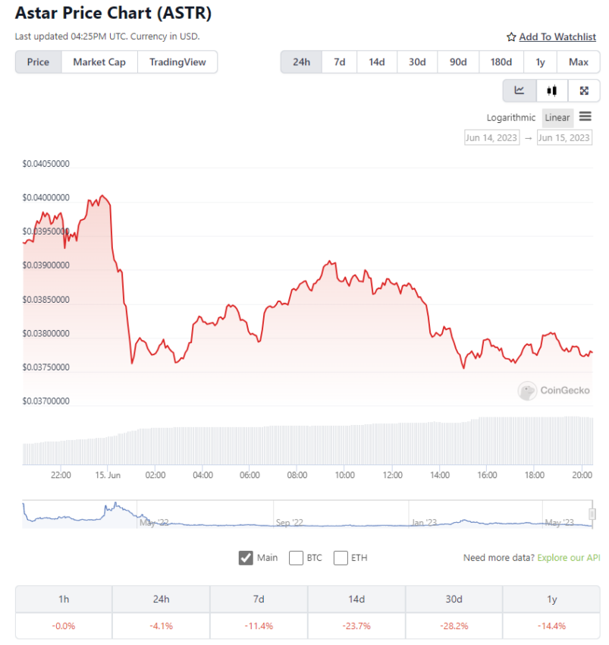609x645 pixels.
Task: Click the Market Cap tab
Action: click(99, 62)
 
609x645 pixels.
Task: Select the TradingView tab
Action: click(177, 62)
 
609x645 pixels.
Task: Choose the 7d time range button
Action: click(340, 62)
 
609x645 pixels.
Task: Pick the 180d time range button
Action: click(501, 62)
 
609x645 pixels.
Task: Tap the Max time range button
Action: click(579, 62)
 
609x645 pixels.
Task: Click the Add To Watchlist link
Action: click(551, 36)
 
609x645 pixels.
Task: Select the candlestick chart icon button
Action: click(551, 91)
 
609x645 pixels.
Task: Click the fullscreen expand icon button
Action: click(584, 91)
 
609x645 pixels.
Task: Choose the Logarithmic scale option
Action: click(511, 118)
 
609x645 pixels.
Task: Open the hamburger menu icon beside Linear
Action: click(585, 117)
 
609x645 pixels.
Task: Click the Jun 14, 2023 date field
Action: click(491, 137)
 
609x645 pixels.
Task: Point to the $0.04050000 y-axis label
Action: click(46, 164)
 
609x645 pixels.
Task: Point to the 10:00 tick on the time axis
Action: click(344, 476)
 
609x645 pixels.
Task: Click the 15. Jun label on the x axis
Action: click(108, 476)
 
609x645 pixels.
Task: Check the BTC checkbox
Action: click(296, 558)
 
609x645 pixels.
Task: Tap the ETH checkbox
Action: click(341, 558)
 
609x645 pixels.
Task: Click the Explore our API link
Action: click(568, 558)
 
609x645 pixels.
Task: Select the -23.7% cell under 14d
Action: click(356, 626)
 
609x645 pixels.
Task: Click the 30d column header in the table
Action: click(454, 599)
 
